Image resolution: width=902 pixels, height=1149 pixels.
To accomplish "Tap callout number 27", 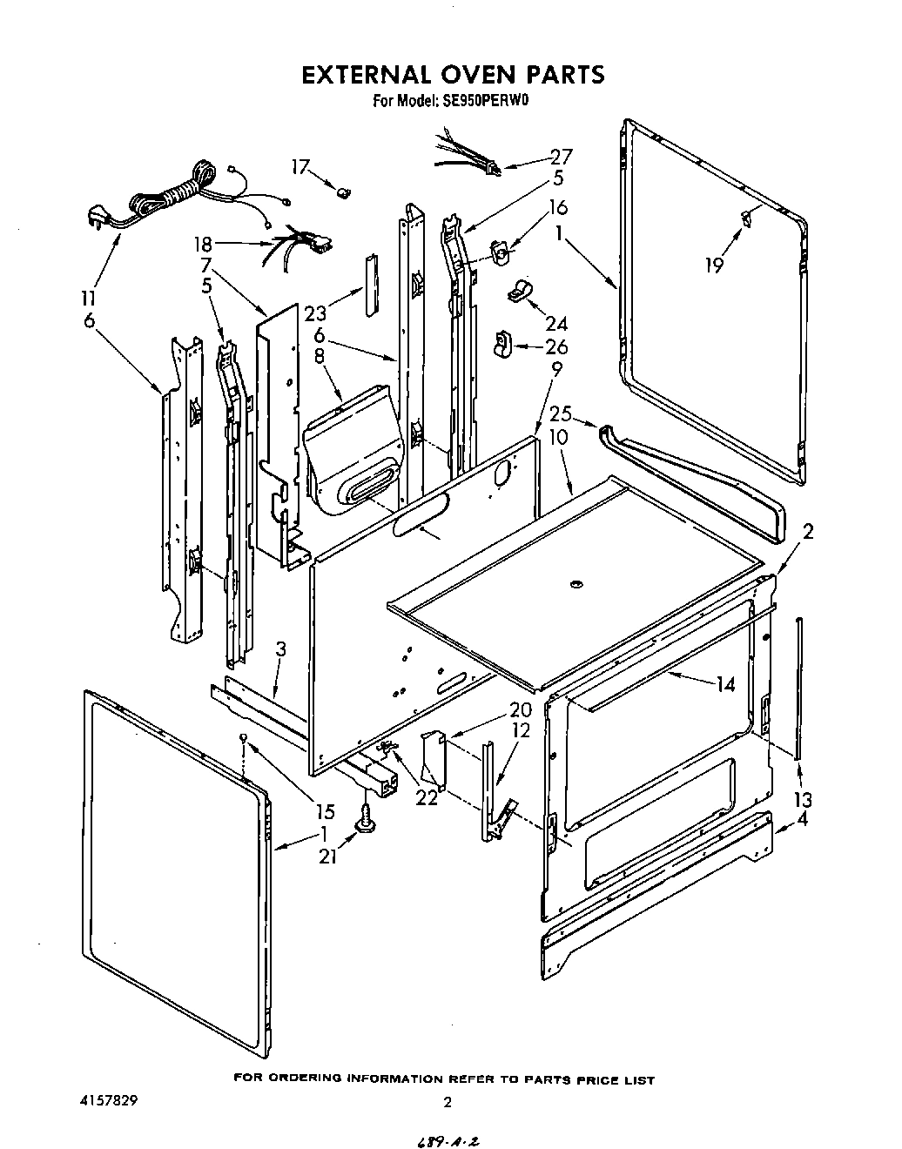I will (x=561, y=158).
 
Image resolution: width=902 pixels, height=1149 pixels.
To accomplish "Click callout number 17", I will (x=300, y=167).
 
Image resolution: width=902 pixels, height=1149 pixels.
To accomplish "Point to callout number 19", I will (x=714, y=265).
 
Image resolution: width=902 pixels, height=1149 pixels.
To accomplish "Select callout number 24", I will (x=556, y=324).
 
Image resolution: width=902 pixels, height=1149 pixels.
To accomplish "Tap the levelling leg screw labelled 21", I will (x=364, y=817).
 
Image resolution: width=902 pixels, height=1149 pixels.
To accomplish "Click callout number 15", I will (x=325, y=812).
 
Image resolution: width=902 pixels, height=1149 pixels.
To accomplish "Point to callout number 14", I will (x=725, y=685).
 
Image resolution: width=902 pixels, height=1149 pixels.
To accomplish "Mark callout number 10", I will (x=558, y=437).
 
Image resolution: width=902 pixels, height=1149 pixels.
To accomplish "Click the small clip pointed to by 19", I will (x=746, y=217).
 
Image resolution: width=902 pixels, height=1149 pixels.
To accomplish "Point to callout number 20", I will (x=496, y=709).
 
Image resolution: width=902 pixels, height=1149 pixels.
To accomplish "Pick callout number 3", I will (x=280, y=648).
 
